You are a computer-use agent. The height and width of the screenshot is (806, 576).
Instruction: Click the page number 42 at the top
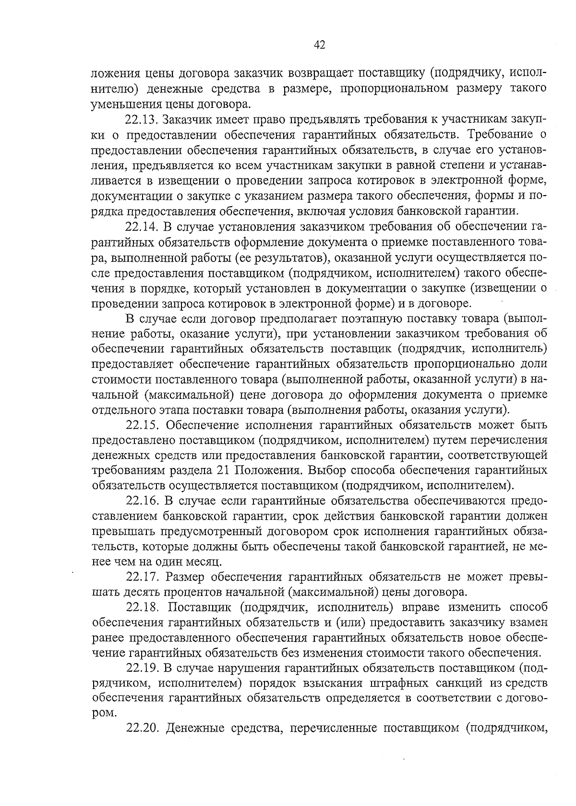click(320, 45)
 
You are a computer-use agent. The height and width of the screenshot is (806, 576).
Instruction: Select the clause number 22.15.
click(142, 425)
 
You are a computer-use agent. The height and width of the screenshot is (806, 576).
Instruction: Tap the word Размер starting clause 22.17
click(185, 578)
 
